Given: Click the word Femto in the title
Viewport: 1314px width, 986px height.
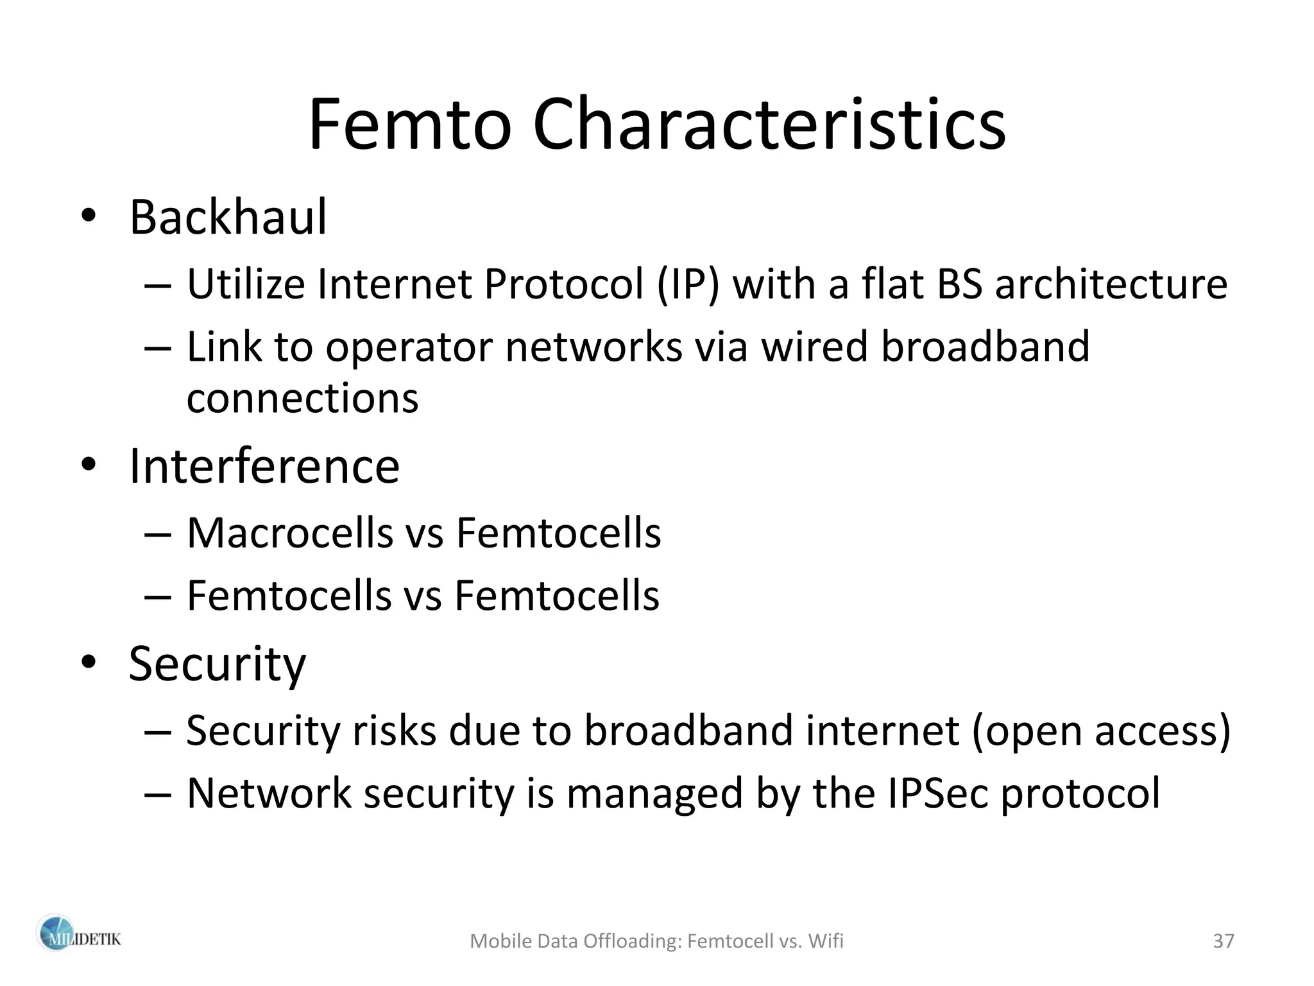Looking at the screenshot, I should point(409,125).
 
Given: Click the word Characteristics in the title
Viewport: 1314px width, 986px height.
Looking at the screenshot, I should point(769,125).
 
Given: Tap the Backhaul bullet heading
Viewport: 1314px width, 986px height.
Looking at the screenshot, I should point(228,218).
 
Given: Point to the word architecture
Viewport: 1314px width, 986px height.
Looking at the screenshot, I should point(1111,284).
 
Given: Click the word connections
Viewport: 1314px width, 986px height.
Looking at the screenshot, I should point(302,399).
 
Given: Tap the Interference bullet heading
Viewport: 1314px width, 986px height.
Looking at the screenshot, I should point(264,466).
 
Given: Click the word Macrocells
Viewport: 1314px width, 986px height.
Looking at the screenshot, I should point(289,533).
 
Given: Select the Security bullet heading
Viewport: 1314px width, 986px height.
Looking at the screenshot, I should point(217,664).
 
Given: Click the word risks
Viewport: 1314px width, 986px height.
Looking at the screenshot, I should point(394,731).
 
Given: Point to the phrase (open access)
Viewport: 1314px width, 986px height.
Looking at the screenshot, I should point(1101,731).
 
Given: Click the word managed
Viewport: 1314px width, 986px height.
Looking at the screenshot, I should point(654,793).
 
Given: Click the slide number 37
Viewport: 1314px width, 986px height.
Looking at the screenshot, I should point(1224,941).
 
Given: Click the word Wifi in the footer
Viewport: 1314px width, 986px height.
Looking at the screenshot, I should point(826,941).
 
